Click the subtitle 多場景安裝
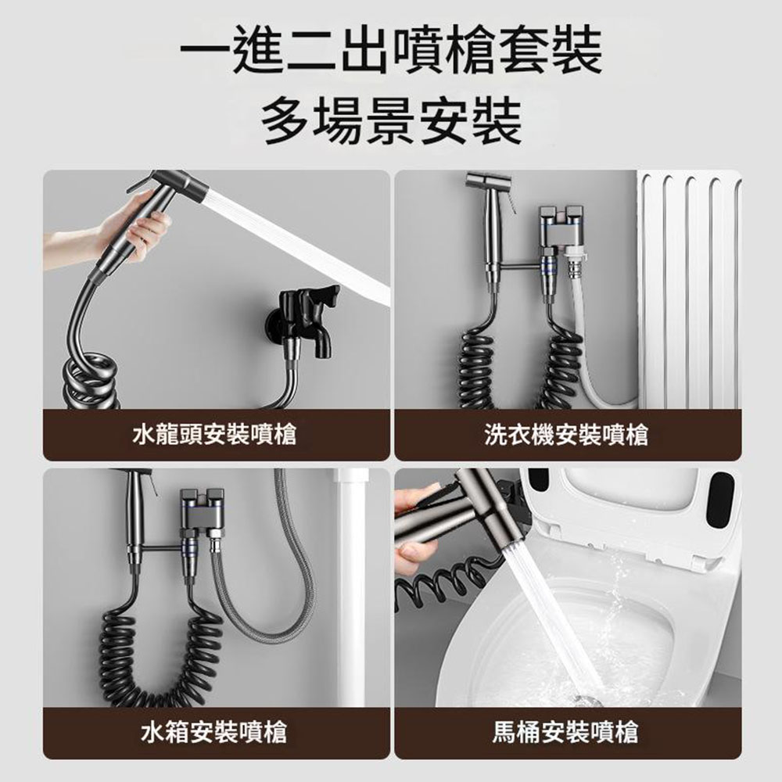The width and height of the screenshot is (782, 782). point(391,120)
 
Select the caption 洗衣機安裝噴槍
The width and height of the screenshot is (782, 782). point(566,432)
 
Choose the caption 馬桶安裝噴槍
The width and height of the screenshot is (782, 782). point(566,732)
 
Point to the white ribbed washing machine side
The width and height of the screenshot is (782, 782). point(688,289)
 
